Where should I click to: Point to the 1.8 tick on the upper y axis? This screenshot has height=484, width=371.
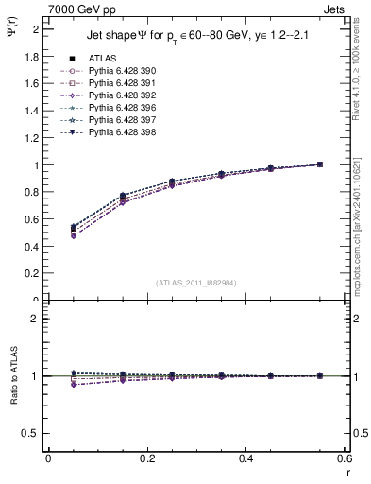(x=31, y=56)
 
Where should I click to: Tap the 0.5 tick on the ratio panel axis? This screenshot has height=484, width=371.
(x=31, y=433)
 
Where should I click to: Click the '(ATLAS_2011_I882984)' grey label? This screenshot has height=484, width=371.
(x=195, y=283)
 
